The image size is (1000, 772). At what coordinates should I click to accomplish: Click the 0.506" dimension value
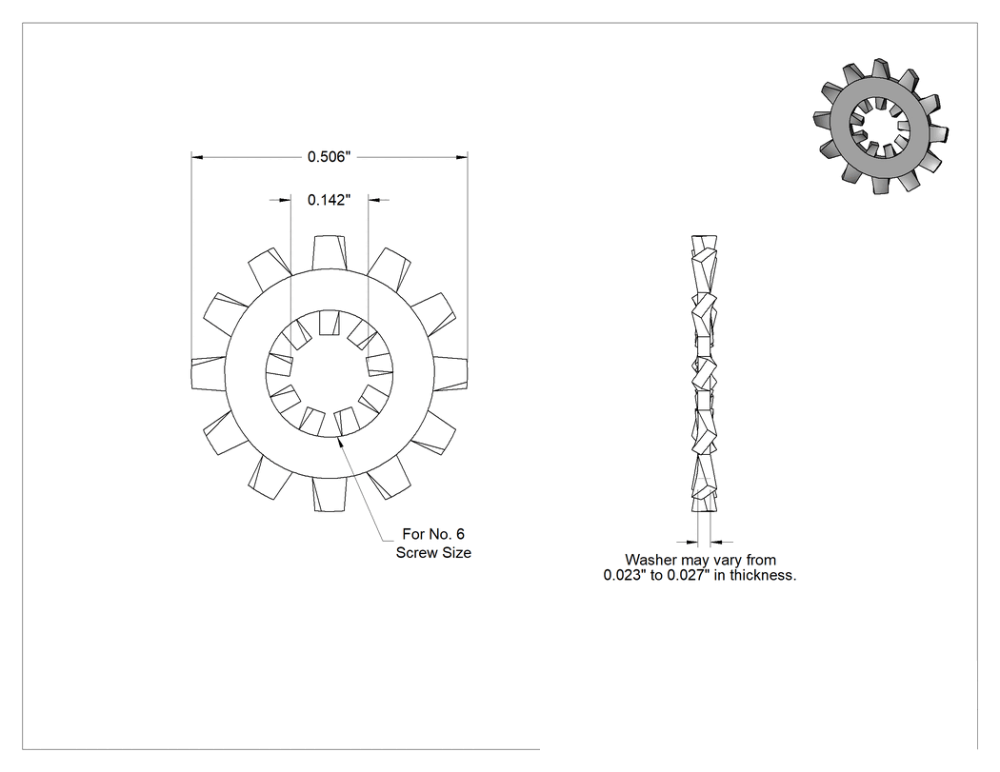tap(330, 157)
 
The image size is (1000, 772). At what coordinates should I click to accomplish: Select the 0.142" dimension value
tap(330, 200)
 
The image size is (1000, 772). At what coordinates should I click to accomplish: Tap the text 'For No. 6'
tap(433, 534)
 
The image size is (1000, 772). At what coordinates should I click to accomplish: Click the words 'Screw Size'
tap(433, 553)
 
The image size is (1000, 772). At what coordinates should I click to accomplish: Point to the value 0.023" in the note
tap(625, 576)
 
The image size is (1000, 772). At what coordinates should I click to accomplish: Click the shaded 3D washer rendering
tap(880, 127)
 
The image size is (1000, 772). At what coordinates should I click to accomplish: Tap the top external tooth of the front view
tap(330, 253)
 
